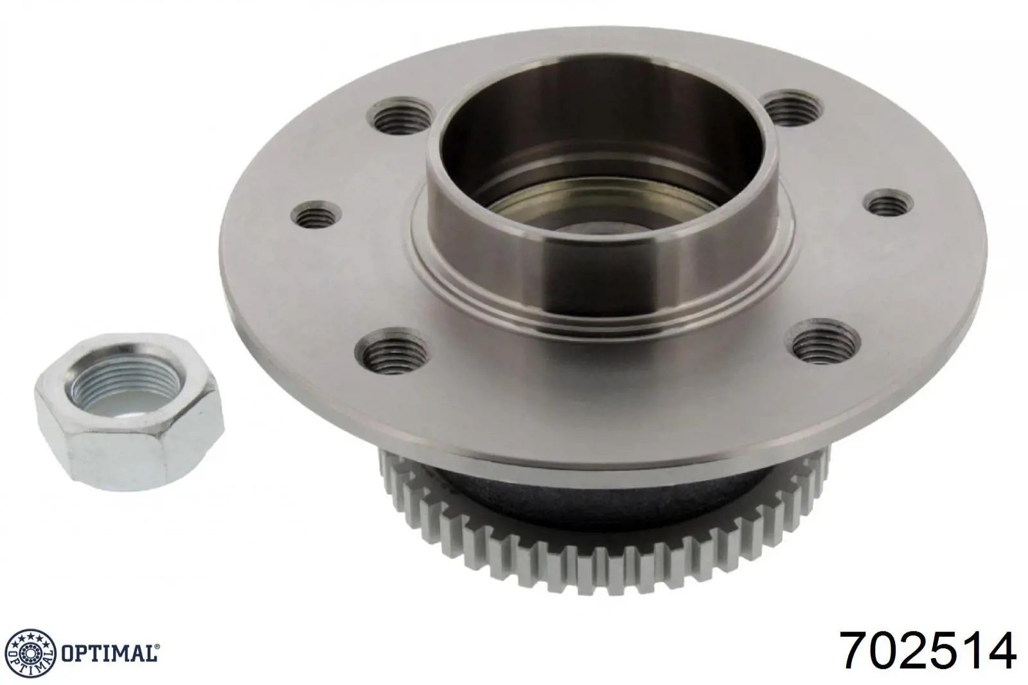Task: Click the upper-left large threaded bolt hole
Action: (401, 115)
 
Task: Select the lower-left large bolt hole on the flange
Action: (392, 351)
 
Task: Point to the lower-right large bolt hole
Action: (824, 341)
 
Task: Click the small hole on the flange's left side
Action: (317, 215)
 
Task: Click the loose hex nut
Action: (128, 413)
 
